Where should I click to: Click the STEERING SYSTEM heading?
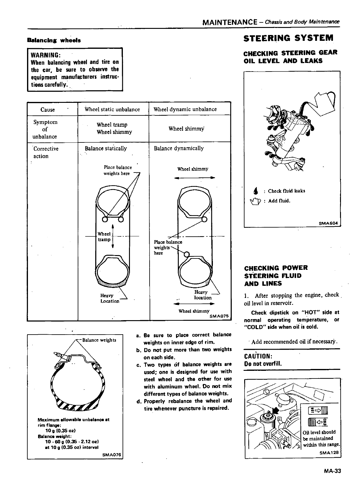[x=288, y=38]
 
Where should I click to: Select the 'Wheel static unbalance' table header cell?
[x=112, y=109]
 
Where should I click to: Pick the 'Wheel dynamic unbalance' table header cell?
[x=185, y=109]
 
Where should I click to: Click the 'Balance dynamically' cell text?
[x=179, y=148]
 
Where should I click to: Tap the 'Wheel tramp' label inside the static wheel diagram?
[x=104, y=237]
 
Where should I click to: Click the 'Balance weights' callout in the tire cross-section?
[x=99, y=340]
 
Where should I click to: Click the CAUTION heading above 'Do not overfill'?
[x=258, y=357]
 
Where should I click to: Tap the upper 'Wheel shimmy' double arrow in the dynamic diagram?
[x=194, y=178]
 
